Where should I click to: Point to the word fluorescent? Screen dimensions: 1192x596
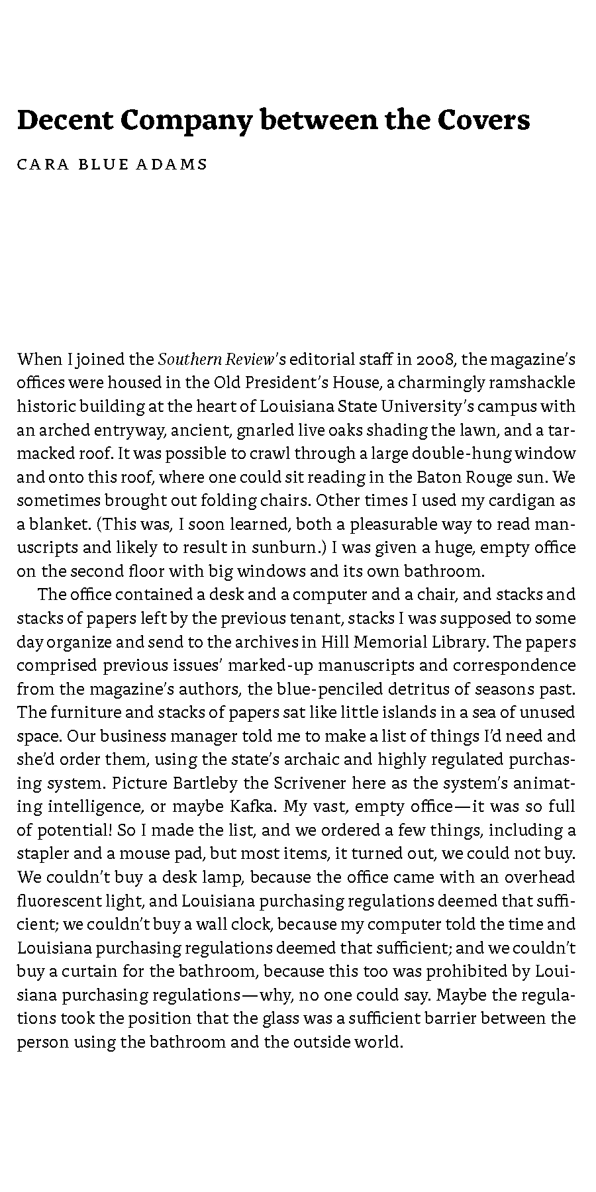[x=58, y=901]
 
